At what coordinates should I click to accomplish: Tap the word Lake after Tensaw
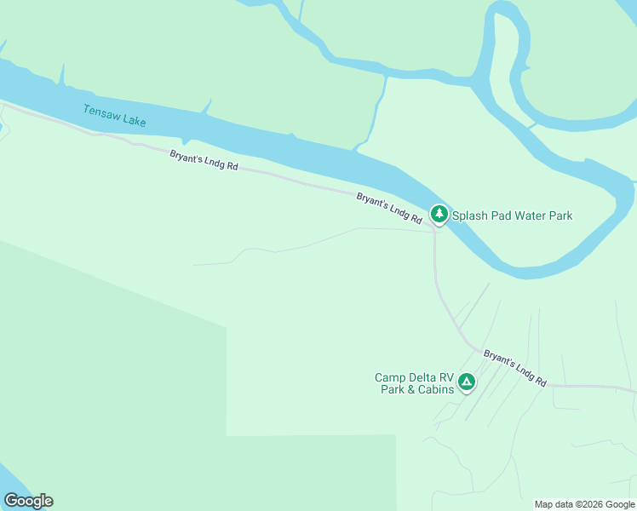tap(134, 121)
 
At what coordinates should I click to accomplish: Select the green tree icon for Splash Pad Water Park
tap(439, 214)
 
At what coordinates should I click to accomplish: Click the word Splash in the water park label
tap(469, 215)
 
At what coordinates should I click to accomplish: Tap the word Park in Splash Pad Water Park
tap(561, 215)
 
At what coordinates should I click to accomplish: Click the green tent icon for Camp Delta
tap(466, 382)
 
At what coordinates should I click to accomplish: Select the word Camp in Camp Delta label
tap(390, 378)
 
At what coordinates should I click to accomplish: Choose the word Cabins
tap(436, 390)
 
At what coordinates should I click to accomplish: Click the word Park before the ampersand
tap(393, 390)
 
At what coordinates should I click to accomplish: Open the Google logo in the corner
tap(28, 501)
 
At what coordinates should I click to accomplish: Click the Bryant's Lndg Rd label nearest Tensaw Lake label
tap(204, 160)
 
